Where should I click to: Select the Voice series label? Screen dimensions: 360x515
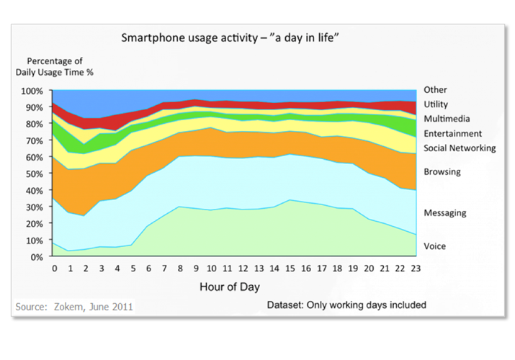(x=434, y=246)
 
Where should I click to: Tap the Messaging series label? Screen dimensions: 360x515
(x=445, y=213)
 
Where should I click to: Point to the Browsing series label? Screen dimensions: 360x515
(x=442, y=172)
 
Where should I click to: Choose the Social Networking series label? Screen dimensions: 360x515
(x=460, y=148)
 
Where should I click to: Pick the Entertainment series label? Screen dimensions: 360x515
(x=452, y=134)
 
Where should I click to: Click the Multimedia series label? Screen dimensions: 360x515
(x=447, y=119)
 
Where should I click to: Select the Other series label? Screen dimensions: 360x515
(x=435, y=90)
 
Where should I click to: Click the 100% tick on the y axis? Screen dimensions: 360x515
(x=32, y=91)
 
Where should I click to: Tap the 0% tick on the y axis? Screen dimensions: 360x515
(x=37, y=257)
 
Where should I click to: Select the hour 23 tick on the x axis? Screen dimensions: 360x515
(x=415, y=269)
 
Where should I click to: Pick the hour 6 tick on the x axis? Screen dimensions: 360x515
(x=149, y=269)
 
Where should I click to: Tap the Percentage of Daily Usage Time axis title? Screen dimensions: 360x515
(x=55, y=66)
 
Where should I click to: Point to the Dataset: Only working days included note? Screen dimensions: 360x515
(x=347, y=305)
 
